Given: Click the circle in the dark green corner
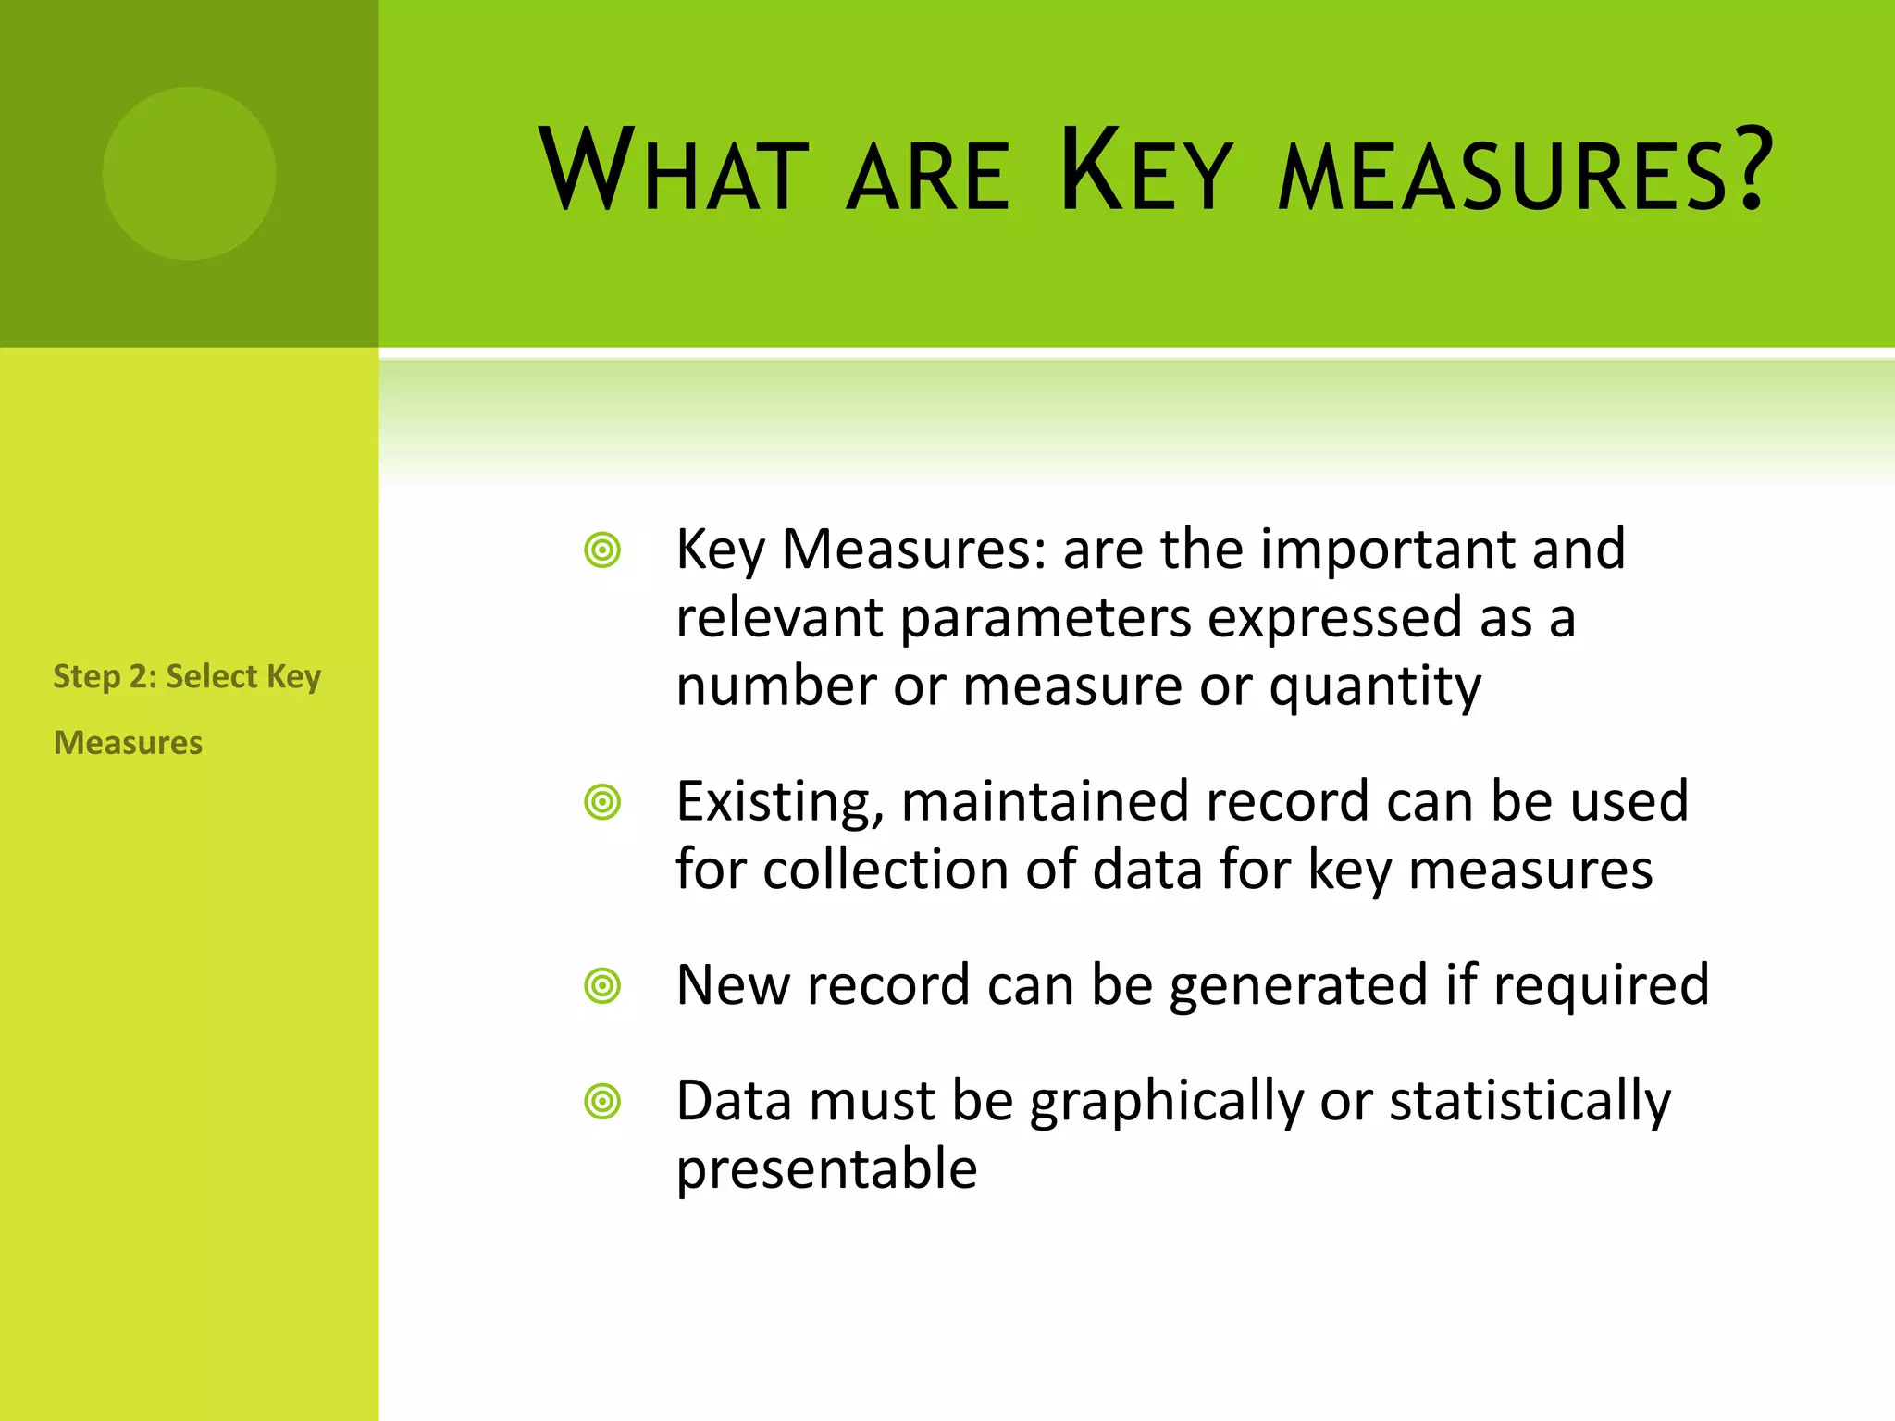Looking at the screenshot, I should click(190, 174).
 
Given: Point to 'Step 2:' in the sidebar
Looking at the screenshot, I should click(104, 676).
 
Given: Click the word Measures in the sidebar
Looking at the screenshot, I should click(129, 743).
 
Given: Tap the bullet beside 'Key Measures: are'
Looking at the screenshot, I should click(602, 551).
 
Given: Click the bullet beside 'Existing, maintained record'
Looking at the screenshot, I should click(602, 802).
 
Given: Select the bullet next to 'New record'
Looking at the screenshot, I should click(602, 986).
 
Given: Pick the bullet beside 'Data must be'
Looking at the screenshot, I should click(602, 1102).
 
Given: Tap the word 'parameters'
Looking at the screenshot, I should click(1046, 618).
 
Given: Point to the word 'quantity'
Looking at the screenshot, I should click(1375, 688).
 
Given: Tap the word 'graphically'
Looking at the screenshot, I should click(1167, 1102).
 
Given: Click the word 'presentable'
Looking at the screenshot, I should click(826, 1169).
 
